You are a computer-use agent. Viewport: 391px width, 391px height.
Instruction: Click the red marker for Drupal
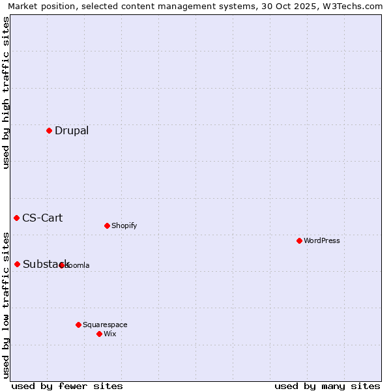tap(49, 130)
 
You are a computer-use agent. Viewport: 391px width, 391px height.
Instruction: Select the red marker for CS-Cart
tap(16, 218)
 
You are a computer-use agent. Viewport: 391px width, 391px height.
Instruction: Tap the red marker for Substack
tap(17, 264)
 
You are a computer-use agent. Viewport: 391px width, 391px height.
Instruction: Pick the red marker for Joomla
tap(62, 265)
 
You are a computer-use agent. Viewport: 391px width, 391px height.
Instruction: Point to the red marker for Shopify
tap(107, 225)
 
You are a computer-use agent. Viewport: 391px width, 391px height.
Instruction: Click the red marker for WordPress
tap(299, 240)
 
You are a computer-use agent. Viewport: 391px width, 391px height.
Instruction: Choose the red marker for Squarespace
tap(78, 325)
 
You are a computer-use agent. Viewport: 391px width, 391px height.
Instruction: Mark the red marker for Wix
tap(99, 334)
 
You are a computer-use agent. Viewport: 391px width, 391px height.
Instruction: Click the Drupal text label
tap(72, 130)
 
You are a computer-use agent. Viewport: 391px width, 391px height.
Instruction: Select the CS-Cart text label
tap(42, 218)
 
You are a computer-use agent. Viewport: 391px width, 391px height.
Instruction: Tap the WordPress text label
tap(322, 240)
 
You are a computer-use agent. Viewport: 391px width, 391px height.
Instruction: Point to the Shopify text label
tap(124, 225)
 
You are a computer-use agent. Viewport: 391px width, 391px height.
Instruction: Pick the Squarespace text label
tap(105, 325)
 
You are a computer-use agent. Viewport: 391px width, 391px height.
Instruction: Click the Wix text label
tap(109, 334)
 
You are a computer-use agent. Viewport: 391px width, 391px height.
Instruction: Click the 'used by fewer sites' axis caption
tap(67, 386)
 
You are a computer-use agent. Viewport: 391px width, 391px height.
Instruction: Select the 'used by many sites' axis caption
tap(327, 386)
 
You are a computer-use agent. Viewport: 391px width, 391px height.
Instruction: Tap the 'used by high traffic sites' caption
tap(6, 93)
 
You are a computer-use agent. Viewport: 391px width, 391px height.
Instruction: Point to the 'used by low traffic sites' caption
tap(6, 305)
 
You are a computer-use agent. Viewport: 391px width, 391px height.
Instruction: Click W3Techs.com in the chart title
tap(353, 6)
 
